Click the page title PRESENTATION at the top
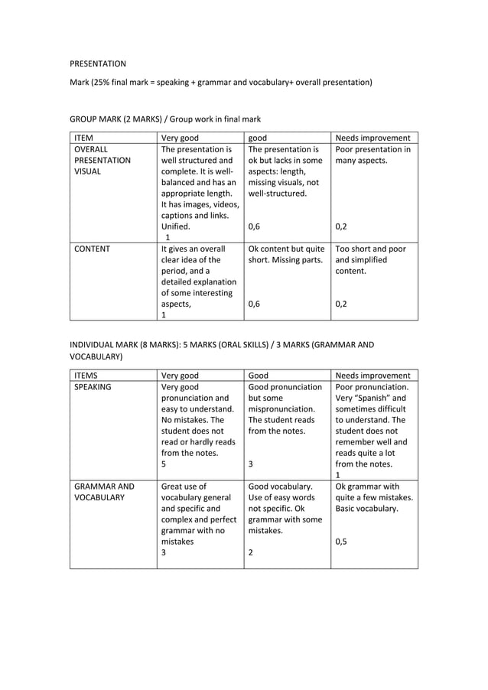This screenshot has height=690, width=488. point(98,63)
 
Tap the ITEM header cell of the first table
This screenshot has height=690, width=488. point(83,138)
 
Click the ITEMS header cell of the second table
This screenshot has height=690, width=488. point(86,376)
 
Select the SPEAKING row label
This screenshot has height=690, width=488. point(93,387)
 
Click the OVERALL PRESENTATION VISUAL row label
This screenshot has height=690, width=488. point(102,161)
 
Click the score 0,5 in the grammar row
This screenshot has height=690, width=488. point(341,542)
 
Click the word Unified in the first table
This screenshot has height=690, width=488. point(177,226)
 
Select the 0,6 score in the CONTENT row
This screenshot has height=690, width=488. point(255,304)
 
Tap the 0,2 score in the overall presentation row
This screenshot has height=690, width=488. point(341,226)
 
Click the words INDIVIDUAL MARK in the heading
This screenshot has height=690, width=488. point(104,345)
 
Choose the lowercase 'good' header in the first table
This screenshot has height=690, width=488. point(258,138)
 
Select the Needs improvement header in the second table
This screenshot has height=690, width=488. point(373,376)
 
